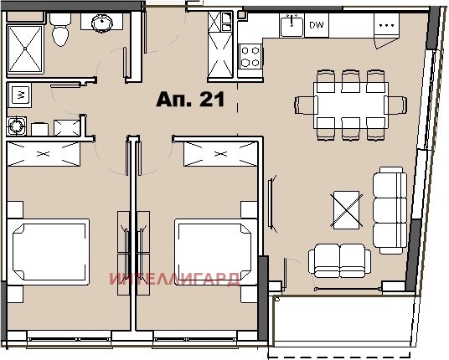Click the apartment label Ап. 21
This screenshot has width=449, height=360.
point(190,100)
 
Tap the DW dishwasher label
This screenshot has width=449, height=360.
point(317,24)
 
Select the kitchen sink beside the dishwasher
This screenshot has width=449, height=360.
point(292,26)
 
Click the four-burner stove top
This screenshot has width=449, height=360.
point(250,56)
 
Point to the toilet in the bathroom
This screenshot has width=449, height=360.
point(60,29)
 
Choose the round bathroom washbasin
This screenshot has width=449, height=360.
point(102,22)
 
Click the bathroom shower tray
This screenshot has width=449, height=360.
point(25,49)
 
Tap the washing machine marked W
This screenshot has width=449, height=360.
point(19,95)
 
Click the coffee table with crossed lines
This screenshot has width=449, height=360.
point(347,209)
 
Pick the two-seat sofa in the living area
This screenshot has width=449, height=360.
point(340,260)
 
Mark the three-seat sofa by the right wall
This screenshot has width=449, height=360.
point(390,210)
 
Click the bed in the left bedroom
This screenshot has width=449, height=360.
point(48,252)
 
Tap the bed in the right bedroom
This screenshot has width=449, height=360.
point(216,252)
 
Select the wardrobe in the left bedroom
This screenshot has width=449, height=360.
point(44,154)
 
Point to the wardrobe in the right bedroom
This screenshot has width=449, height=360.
point(220,154)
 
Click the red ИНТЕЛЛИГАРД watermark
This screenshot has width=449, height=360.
point(175,280)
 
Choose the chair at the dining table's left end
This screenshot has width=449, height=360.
point(306,105)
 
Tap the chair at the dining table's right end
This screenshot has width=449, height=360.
point(395,105)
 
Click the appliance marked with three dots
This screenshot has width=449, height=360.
point(386,25)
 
